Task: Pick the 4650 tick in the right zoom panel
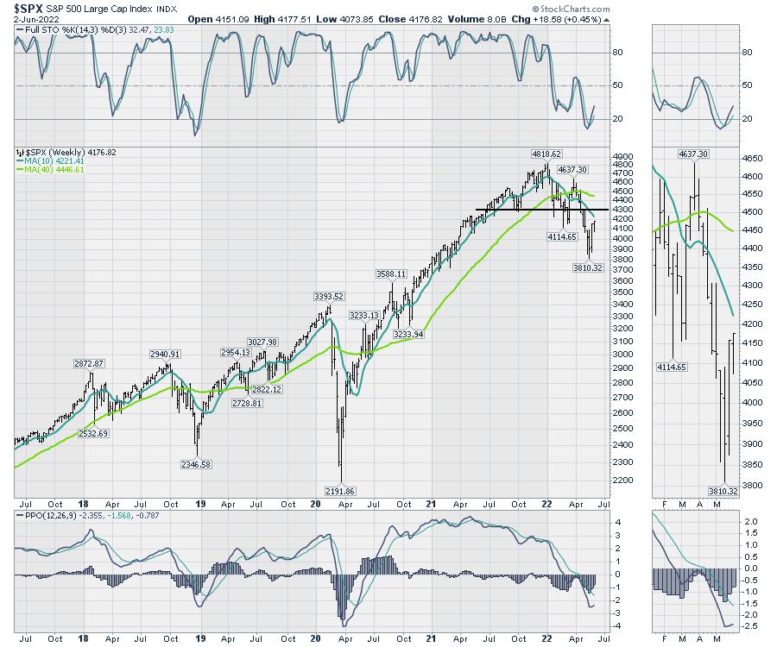click(x=753, y=159)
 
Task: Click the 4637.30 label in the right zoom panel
click(x=693, y=154)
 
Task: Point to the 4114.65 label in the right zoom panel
click(x=673, y=367)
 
